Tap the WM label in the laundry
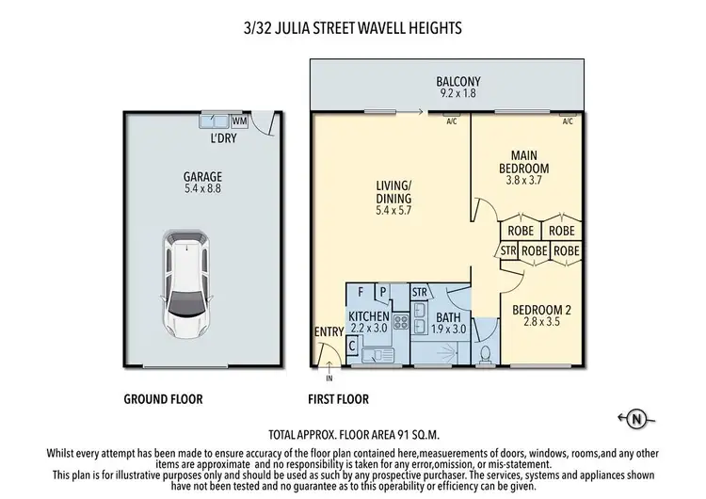[x=239, y=121]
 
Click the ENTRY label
[x=328, y=332]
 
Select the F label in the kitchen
[x=361, y=292]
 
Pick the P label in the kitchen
[x=383, y=292]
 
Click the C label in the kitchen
[x=352, y=346]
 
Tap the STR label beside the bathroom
[x=421, y=293]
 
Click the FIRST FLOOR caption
[x=339, y=398]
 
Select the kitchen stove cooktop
[x=398, y=326]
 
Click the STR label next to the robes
[x=508, y=251]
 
